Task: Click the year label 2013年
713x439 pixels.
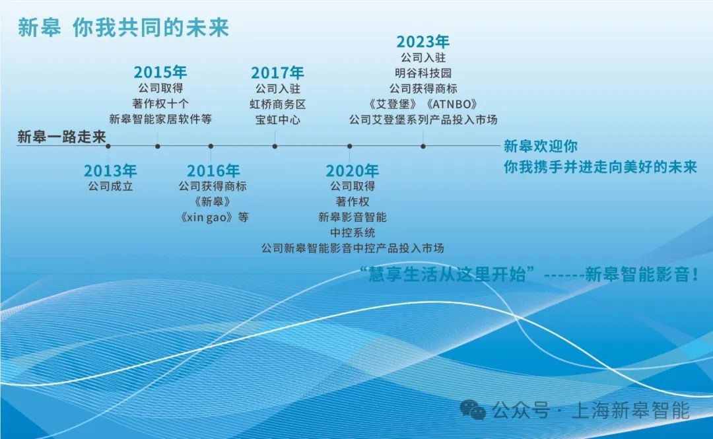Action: pos(110,170)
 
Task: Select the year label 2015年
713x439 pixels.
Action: pos(160,72)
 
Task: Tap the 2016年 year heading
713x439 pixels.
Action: pos(213,170)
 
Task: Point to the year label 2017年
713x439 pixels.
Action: pos(277,73)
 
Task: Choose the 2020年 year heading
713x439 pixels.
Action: pos(353,170)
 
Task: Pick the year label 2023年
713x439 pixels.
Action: pos(423,42)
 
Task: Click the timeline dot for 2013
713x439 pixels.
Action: pos(108,147)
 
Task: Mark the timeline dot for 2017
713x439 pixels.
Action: pos(275,147)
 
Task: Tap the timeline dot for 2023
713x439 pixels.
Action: pos(423,147)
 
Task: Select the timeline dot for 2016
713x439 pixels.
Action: pos(211,147)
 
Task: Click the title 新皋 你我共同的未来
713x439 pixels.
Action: pos(123,28)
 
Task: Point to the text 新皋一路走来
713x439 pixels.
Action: pos(61,137)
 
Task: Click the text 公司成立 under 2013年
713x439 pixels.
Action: pos(110,186)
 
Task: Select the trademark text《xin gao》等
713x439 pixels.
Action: pos(213,217)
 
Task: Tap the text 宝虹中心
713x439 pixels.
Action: pos(277,119)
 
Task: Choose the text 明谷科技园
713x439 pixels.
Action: pos(423,73)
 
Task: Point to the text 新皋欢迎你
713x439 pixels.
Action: pos(541,146)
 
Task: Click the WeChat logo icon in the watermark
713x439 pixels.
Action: pos(473,410)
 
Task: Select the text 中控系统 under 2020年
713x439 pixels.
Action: pos(353,232)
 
